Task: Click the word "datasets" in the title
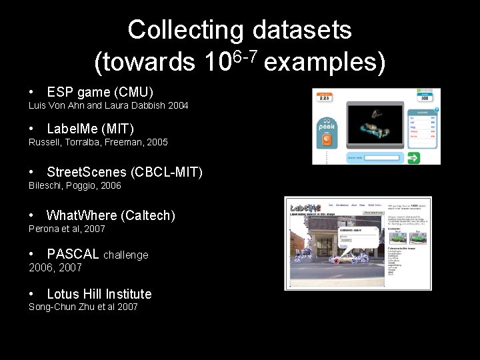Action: (302, 30)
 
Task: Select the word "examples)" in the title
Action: (325, 63)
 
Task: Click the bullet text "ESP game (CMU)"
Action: (100, 91)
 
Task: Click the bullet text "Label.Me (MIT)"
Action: (90, 129)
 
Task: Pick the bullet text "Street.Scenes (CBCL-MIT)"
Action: (125, 172)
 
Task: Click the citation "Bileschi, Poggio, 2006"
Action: (75, 185)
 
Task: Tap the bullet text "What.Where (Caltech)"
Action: (111, 215)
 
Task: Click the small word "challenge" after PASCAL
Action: (126, 255)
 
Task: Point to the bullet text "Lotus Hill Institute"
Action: (99, 294)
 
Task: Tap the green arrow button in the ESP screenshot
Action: (415, 158)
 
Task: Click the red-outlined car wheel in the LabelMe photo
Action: (337, 260)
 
